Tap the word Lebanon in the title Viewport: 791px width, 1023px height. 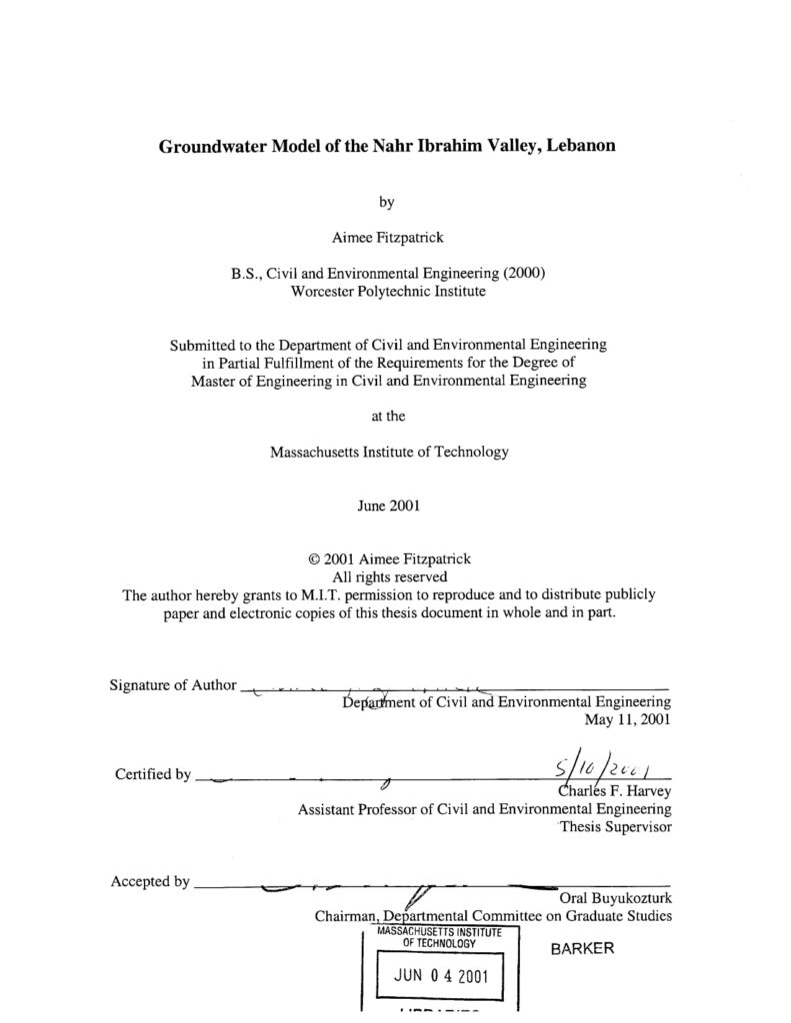coord(581,145)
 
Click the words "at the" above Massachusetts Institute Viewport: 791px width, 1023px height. coord(388,416)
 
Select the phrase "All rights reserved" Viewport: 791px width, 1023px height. coord(388,576)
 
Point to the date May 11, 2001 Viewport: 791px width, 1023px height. coord(627,718)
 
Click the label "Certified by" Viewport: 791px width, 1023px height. coord(152,774)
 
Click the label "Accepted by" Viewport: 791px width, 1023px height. coord(150,881)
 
